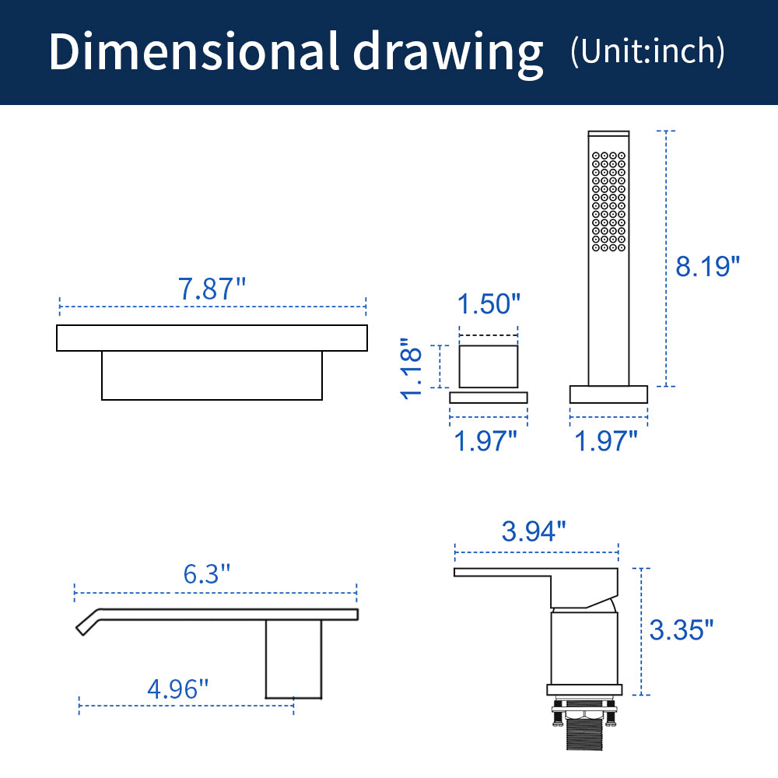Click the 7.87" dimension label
click(212, 289)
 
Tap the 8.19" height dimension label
click(707, 266)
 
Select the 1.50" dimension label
click(489, 303)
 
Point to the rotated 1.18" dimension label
click(412, 369)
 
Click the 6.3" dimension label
click(207, 574)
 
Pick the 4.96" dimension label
click(178, 689)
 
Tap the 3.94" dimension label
click(534, 531)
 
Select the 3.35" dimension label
click(682, 630)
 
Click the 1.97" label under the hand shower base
click(606, 440)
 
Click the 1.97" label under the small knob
click(485, 440)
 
